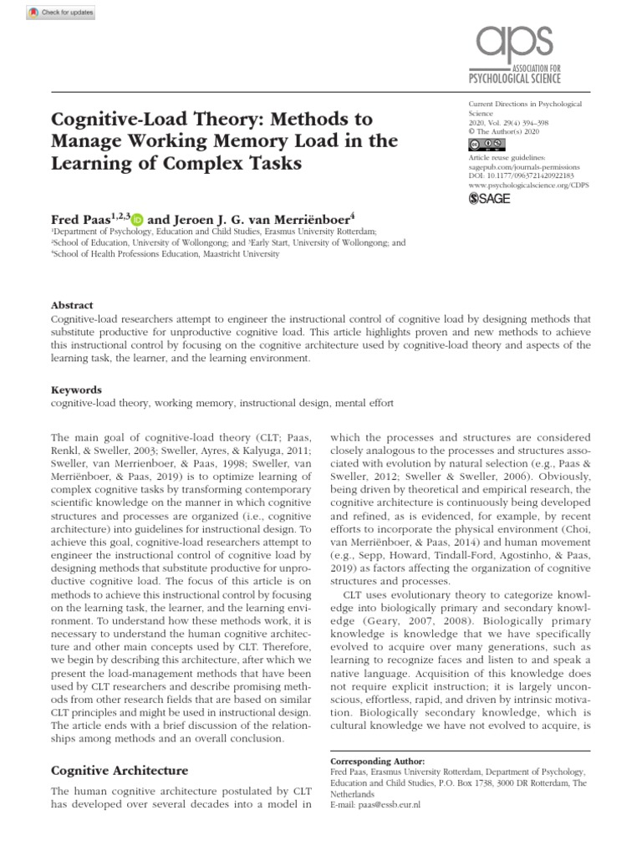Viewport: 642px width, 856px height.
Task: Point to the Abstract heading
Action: point(72,305)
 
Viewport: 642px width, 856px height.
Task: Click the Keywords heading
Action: point(77,389)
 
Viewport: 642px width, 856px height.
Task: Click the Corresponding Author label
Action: point(377,762)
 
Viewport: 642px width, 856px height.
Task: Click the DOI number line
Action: point(521,176)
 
